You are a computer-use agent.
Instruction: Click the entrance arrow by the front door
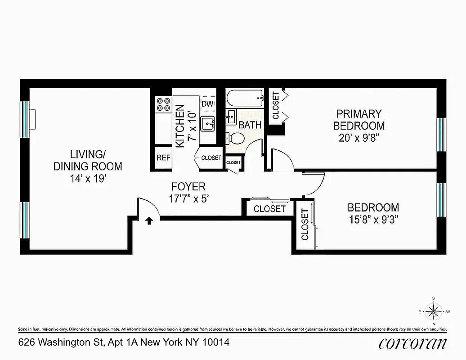coord(149,220)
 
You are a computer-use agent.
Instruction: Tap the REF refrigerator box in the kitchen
coord(162,157)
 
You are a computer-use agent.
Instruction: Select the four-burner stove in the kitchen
coord(163,104)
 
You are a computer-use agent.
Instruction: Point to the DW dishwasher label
coord(207,104)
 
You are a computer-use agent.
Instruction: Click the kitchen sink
coord(208,122)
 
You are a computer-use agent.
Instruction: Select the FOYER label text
coord(188,186)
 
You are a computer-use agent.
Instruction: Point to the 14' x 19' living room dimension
coord(88,178)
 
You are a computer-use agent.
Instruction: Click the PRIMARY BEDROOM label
coord(358,119)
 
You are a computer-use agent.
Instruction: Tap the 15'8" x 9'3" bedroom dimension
coord(373,220)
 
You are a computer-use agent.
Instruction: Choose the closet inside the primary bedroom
coord(276,106)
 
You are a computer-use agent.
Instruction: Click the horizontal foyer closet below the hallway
coord(269,209)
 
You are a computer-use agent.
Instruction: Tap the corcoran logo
coord(412,343)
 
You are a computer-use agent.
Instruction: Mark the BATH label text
coord(250,125)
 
